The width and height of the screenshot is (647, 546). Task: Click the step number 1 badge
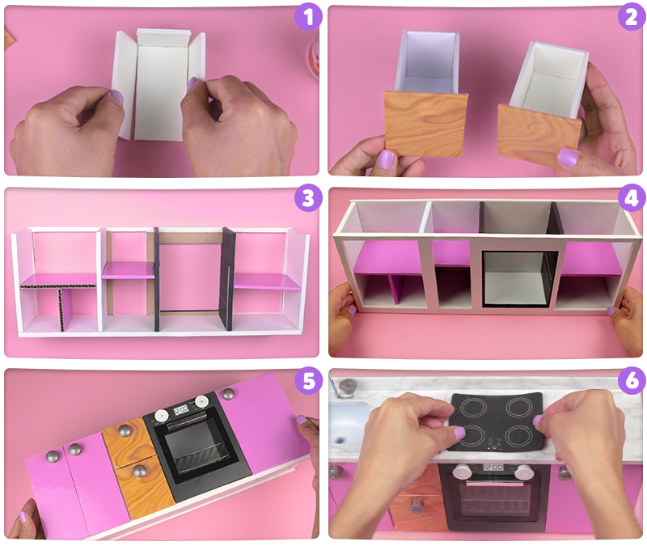coord(308,16)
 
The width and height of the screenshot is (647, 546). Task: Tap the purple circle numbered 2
coord(632,17)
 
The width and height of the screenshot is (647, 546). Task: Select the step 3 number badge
coord(308,197)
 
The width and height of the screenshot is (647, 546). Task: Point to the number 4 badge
coord(632,197)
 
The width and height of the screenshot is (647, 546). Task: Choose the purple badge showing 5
coord(308,380)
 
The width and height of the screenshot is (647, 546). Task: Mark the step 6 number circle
coord(632,380)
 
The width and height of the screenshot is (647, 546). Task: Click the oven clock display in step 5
coord(180,409)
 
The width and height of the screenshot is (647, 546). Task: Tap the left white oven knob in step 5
coord(160,416)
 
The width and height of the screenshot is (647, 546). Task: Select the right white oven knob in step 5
coord(201,401)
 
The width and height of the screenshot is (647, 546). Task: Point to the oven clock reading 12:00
coord(493,468)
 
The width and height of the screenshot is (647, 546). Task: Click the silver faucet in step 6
coord(346,388)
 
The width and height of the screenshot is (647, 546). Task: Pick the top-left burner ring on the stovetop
coord(471,408)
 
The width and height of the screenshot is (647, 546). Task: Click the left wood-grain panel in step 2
coord(425,124)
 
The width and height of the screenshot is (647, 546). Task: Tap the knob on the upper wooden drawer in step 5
coord(125,430)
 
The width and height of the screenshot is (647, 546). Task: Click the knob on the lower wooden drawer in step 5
coord(139,470)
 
